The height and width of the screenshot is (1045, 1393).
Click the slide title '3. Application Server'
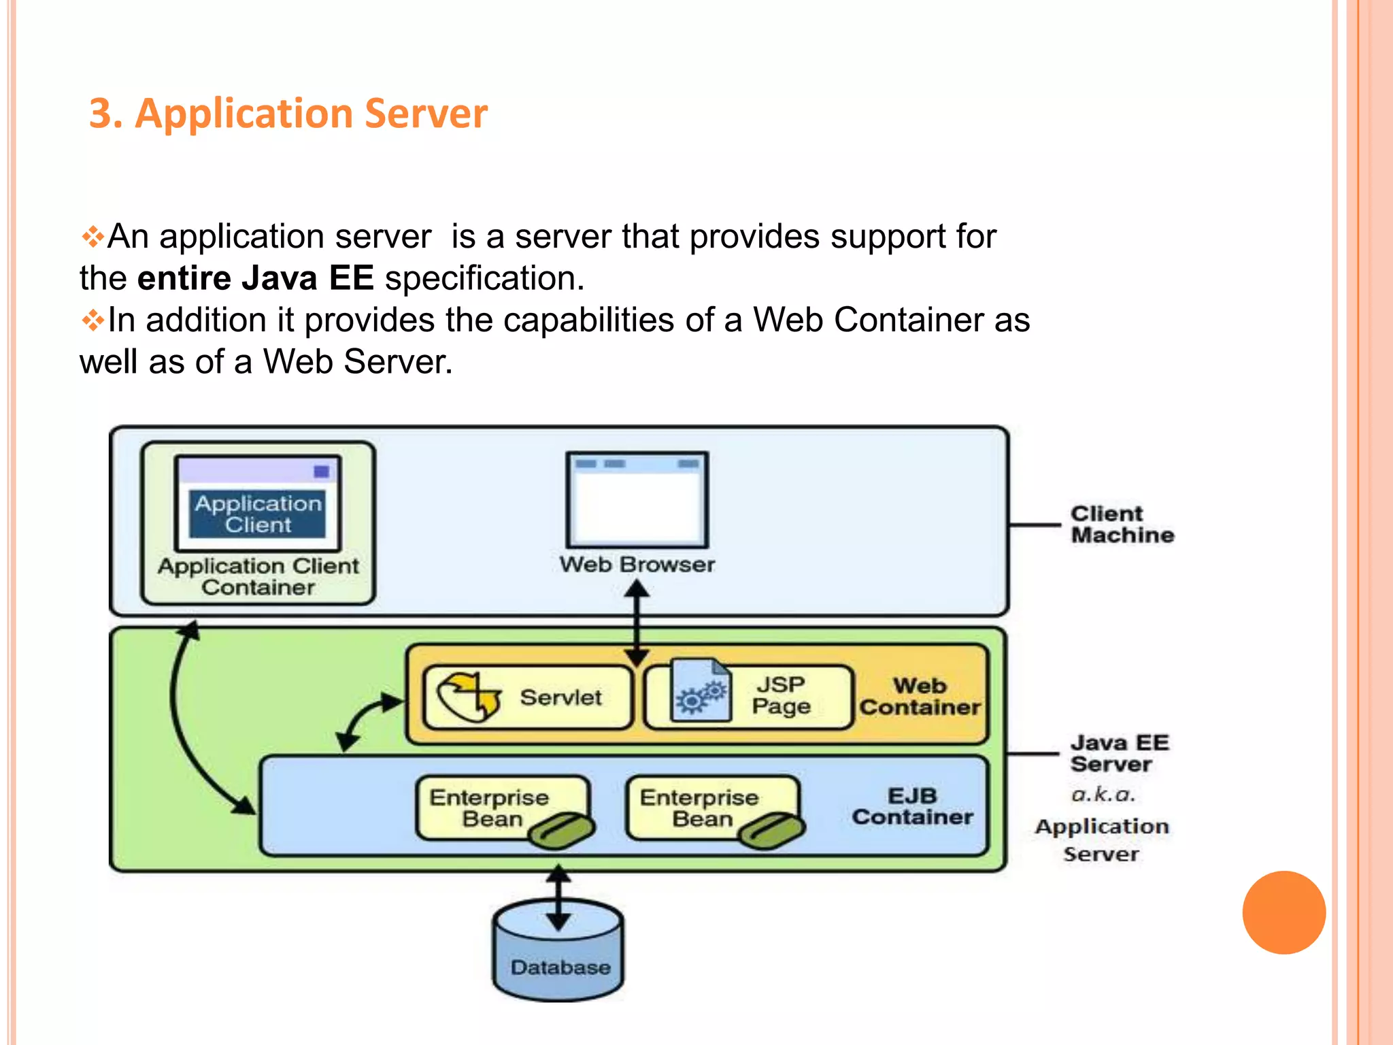click(x=288, y=113)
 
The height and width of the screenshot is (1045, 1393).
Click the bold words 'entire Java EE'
click(x=255, y=278)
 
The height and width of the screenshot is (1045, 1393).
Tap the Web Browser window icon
click(x=637, y=500)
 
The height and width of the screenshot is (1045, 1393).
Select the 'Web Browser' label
click(x=637, y=565)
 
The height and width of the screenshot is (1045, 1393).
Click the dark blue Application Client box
click(x=258, y=514)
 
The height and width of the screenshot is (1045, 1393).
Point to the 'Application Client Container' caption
click(x=258, y=577)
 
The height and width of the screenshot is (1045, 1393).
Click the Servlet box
click(x=527, y=697)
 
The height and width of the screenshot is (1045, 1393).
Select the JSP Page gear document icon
click(x=701, y=692)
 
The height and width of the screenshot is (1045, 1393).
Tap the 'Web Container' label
click(x=920, y=696)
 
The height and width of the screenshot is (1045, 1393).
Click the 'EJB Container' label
click(x=912, y=806)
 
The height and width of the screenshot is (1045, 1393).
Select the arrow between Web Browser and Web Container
click(x=637, y=623)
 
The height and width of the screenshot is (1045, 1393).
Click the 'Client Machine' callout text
click(x=1122, y=525)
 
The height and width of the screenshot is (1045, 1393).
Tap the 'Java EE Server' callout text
click(x=1119, y=753)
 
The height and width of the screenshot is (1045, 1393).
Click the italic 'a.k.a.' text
click(x=1103, y=795)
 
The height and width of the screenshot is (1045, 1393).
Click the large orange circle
click(x=1283, y=912)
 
